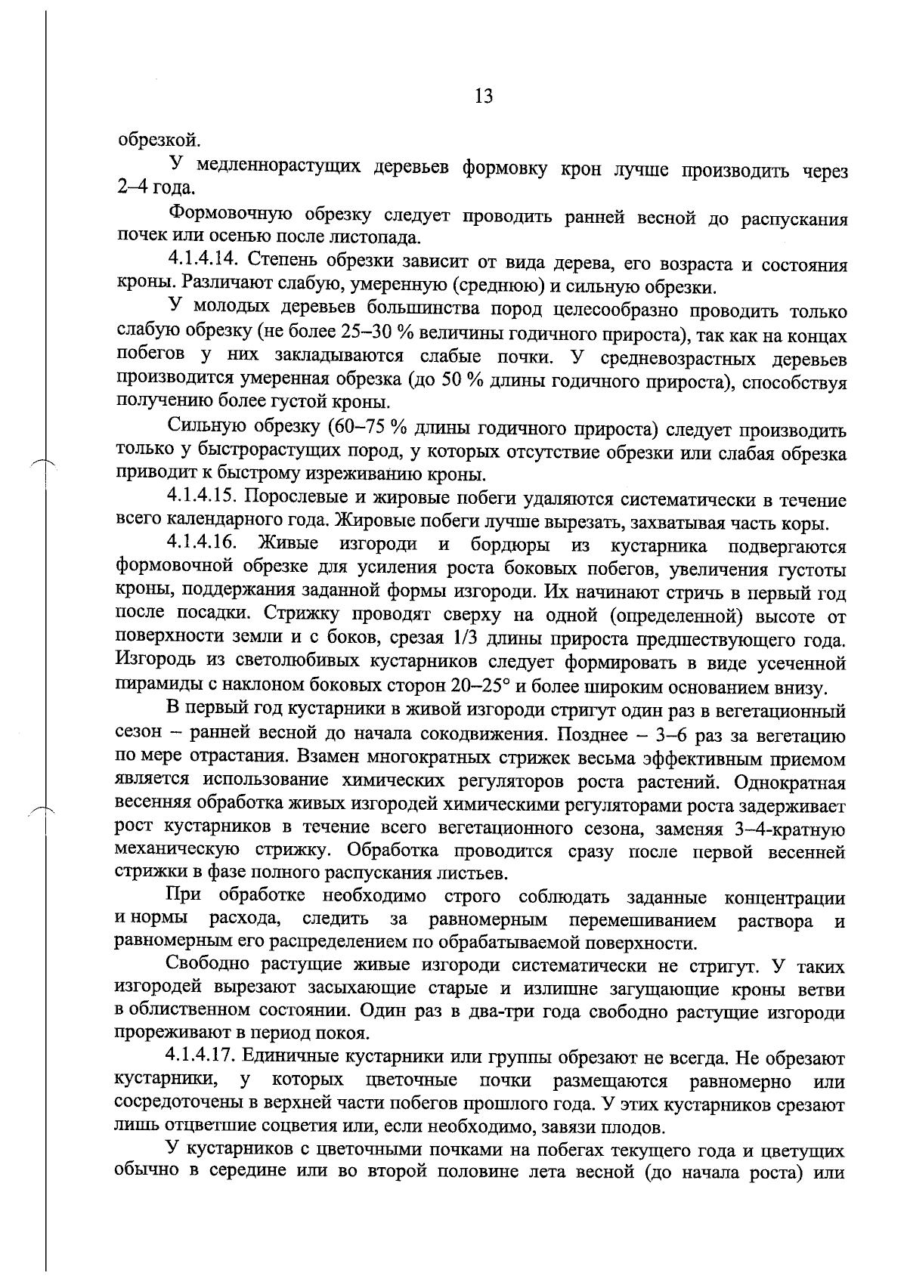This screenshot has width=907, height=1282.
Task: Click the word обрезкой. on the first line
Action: click(149, 140)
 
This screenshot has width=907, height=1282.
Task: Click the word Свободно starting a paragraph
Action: click(208, 965)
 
